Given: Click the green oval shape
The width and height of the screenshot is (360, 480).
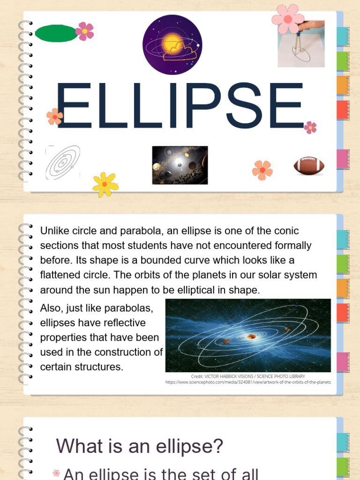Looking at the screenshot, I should click(56, 33).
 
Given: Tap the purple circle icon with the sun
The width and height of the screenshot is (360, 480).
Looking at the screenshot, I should click(172, 45).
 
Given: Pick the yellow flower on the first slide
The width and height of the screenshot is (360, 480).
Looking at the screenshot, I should click(105, 184).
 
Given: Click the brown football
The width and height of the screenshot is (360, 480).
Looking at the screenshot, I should click(309, 165).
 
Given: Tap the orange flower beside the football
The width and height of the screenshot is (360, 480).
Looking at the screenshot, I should click(262, 170).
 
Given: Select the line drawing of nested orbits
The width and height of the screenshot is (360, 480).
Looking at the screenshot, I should click(63, 163).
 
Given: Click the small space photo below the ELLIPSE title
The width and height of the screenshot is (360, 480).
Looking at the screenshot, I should click(180, 165).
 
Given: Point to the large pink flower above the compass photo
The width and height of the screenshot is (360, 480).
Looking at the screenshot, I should click(287, 19).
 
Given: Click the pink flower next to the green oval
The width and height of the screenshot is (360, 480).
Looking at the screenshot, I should click(85, 31).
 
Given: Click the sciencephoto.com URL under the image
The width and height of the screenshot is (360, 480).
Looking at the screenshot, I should click(248, 382).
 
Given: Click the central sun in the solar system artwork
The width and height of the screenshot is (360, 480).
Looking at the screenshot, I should click(252, 337).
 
